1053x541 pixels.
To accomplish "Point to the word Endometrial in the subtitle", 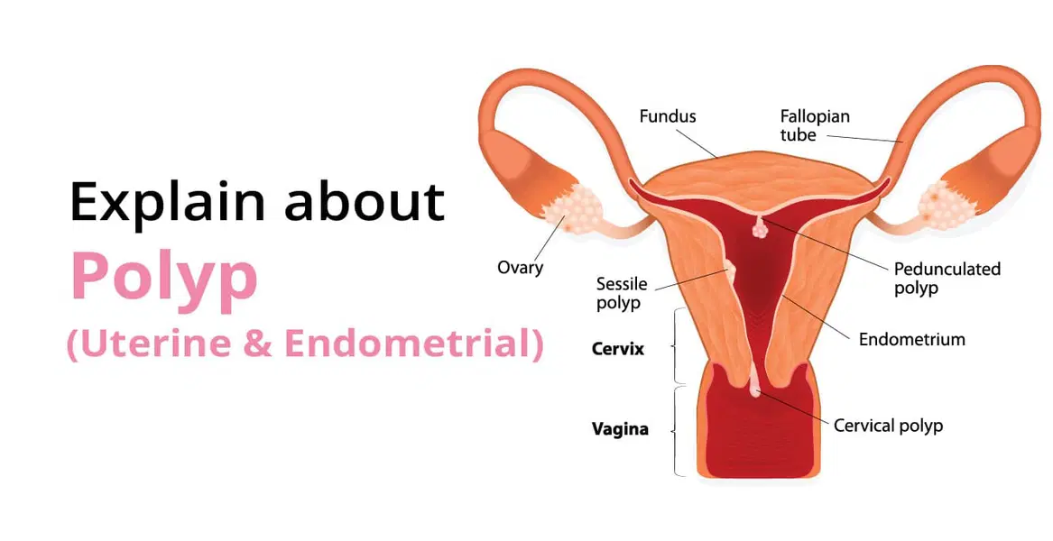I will click(x=411, y=344).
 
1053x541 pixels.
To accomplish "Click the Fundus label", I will click(x=668, y=116).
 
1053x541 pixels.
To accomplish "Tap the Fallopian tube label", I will click(x=814, y=126).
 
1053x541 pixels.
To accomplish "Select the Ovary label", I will click(x=521, y=268).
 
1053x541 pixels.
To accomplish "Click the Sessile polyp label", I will click(x=622, y=294).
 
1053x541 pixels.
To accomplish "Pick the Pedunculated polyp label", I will click(x=947, y=279).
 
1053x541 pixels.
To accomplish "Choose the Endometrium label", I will click(x=911, y=340).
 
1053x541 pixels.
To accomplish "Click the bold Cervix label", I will click(x=618, y=348).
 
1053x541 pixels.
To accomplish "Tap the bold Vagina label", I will click(x=620, y=429).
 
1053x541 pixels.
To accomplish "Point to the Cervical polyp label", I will click(x=888, y=426).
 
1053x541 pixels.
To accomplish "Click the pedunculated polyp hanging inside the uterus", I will click(x=759, y=228).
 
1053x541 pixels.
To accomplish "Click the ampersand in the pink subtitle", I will click(x=258, y=344).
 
